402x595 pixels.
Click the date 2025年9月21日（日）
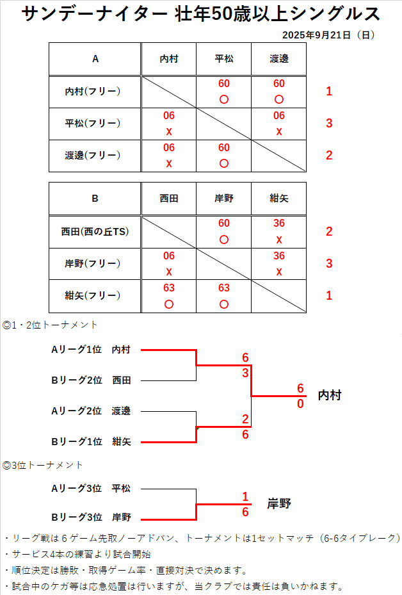(328, 35)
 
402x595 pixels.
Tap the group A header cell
(95, 59)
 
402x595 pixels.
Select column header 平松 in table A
(224, 59)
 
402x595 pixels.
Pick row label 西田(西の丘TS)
(95, 231)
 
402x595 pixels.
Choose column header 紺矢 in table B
(279, 199)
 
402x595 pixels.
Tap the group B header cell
(95, 199)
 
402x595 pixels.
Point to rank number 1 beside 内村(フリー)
(329, 92)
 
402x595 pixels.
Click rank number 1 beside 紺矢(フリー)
(329, 295)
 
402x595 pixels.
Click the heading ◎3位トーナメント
(43, 464)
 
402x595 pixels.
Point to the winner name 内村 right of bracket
(330, 396)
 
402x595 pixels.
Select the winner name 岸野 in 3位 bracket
(279, 504)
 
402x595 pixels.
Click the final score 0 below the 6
(300, 404)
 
